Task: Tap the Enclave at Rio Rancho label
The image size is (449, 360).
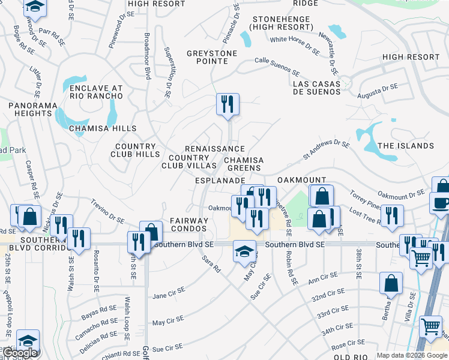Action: (96, 92)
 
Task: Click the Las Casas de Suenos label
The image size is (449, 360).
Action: (316, 87)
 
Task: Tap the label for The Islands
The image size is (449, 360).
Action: (406, 146)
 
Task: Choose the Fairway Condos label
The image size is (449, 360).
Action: (189, 224)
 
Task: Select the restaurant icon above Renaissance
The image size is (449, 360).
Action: (228, 104)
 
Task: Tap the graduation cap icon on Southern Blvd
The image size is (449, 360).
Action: (244, 251)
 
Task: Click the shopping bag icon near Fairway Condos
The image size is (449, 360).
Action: (151, 232)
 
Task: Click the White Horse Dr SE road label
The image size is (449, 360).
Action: (295, 43)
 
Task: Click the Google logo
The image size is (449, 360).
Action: (20, 353)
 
